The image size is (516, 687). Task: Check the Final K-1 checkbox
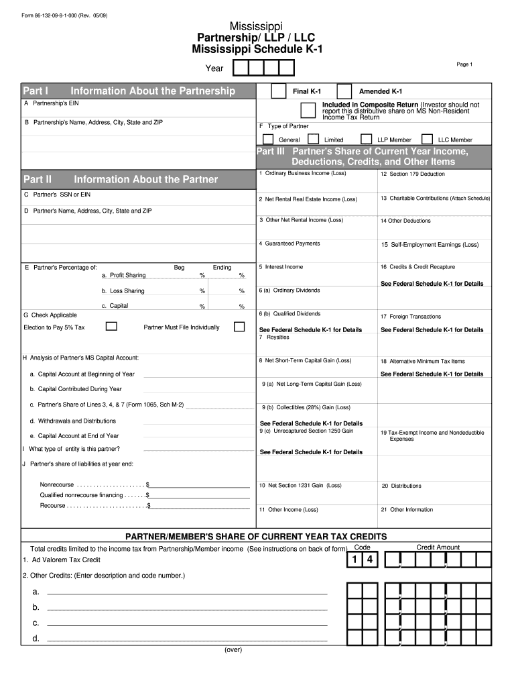(x=279, y=91)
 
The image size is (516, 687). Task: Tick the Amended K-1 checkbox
(x=344, y=91)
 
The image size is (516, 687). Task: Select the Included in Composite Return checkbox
(x=308, y=110)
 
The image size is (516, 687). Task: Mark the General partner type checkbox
(x=268, y=140)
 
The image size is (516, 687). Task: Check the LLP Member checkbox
(x=366, y=140)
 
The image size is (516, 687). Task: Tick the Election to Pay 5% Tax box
(x=112, y=327)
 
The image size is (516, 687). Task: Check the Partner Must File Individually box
(x=239, y=327)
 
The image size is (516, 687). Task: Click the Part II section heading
(x=38, y=180)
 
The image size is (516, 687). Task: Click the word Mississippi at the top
(x=257, y=25)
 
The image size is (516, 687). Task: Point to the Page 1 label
(x=464, y=64)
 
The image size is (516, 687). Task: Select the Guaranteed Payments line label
(x=292, y=244)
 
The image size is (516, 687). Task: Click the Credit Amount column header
(x=438, y=547)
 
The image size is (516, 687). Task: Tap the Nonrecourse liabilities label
(x=57, y=484)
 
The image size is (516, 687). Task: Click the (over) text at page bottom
(x=233, y=650)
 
